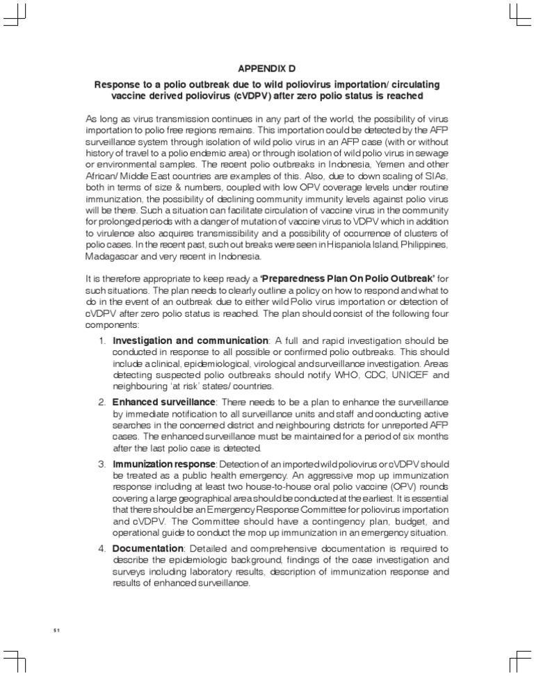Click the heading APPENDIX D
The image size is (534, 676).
point(267,68)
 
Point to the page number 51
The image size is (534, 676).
point(58,630)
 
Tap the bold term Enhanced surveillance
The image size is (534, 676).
point(164,402)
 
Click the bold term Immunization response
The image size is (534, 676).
point(165,463)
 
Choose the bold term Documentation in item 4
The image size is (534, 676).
point(147,548)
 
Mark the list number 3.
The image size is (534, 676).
point(102,463)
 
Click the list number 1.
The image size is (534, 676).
point(102,340)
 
